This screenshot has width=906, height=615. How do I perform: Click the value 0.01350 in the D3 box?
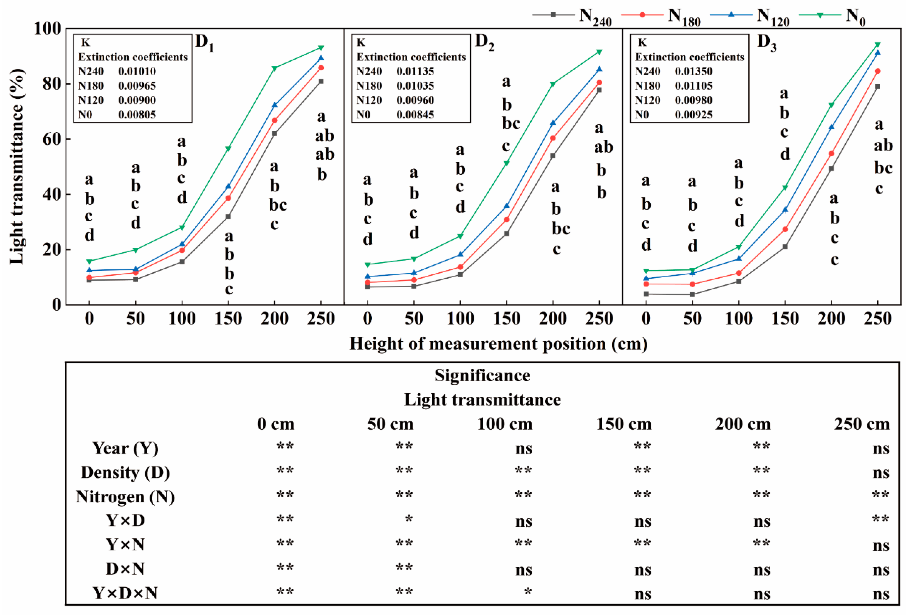click(x=693, y=71)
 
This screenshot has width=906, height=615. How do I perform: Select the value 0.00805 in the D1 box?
click(x=137, y=114)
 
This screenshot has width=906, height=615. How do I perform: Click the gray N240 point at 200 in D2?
click(x=553, y=156)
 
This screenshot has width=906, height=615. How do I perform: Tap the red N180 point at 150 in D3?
click(x=785, y=229)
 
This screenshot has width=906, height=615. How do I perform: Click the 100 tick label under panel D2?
click(x=460, y=319)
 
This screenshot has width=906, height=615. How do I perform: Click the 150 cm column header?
click(x=624, y=424)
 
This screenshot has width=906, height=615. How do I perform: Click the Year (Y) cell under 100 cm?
click(x=523, y=449)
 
